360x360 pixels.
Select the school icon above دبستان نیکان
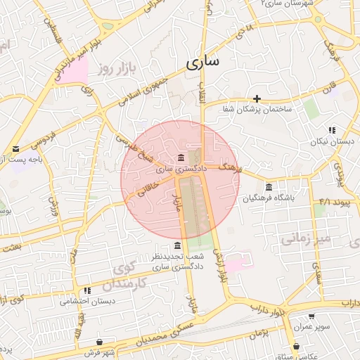(332, 130)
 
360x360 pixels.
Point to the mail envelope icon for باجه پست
(15, 148)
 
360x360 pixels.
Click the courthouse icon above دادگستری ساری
(181, 157)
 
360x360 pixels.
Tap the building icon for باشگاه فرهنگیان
(269, 186)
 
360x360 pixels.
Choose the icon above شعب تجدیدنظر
(176, 245)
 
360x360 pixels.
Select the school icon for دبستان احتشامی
(87, 290)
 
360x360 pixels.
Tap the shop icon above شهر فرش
(99, 342)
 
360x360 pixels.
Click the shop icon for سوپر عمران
(311, 316)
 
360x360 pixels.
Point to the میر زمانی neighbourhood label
(306, 239)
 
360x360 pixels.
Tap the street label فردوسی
(41, 141)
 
